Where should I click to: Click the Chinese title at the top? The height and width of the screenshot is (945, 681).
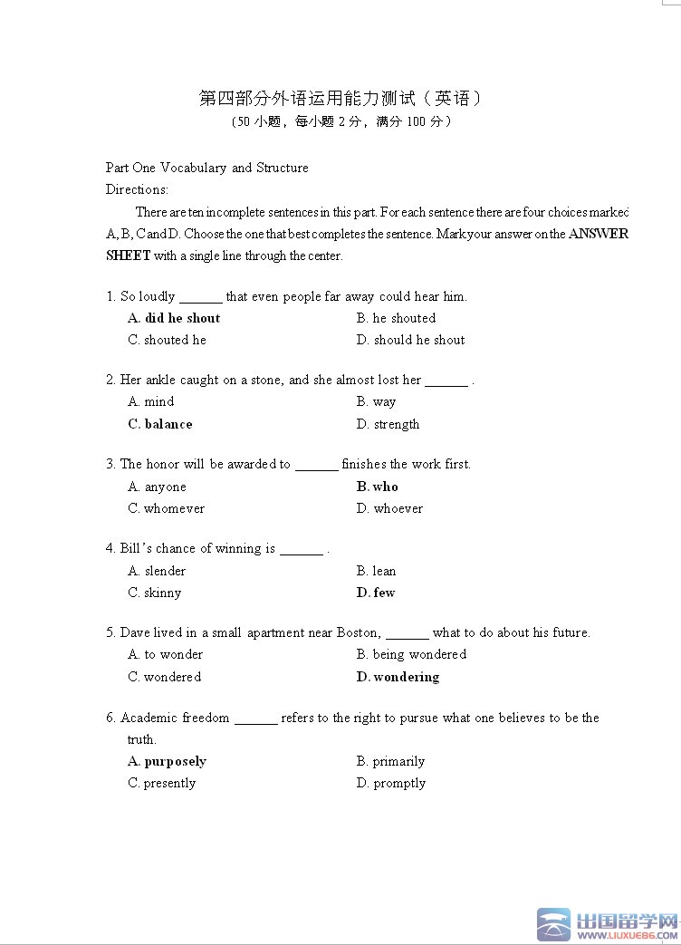coord(340,98)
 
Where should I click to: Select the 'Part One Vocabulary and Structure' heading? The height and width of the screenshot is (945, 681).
coord(206,168)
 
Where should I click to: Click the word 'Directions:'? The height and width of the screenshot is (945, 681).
coord(137,189)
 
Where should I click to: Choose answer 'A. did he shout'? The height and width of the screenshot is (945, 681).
coord(174,318)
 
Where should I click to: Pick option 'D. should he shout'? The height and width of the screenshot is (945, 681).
coord(410,340)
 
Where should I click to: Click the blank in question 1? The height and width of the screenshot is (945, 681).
coord(200,297)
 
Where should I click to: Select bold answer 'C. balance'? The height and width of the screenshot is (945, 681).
coord(160,424)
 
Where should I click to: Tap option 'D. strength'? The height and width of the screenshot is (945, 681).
coord(388,424)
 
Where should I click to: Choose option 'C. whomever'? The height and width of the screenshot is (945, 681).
coord(167,508)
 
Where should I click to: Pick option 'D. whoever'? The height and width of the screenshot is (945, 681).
coord(389,508)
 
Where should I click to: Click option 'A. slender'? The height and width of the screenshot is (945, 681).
coord(157,571)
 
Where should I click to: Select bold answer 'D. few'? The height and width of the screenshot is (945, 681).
coord(376,593)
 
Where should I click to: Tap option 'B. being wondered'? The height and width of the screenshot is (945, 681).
coord(411,654)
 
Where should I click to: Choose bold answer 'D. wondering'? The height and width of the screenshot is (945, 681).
coord(398,677)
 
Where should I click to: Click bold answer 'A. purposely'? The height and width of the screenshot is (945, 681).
coord(167,761)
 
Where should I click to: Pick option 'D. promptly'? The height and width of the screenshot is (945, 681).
coord(390,783)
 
